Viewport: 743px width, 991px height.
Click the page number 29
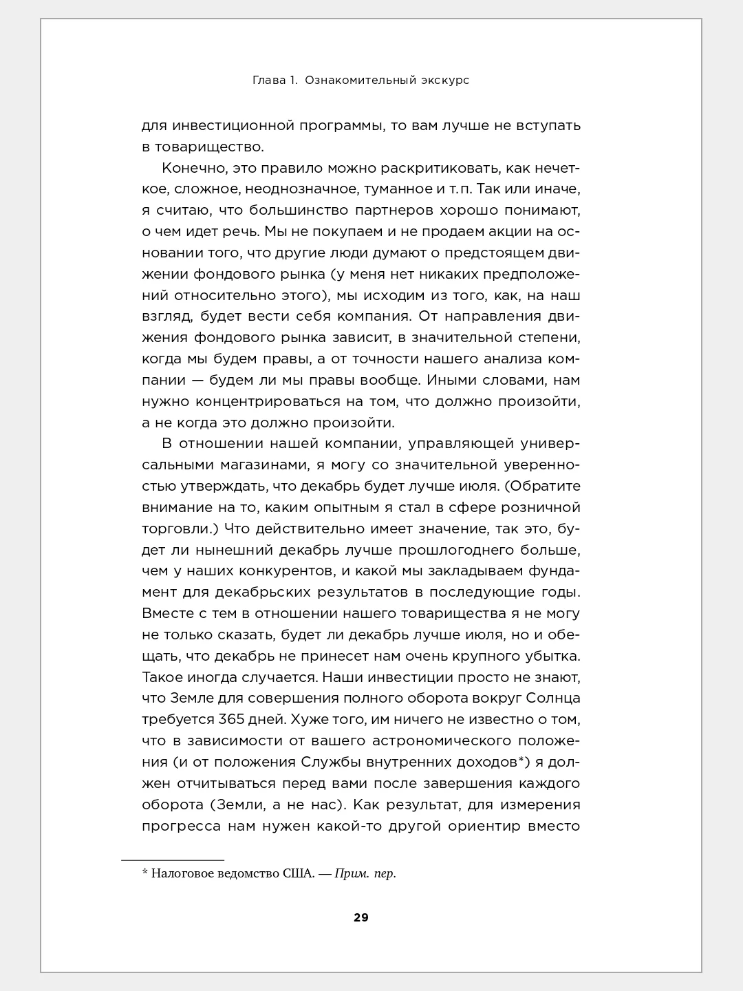[361, 917]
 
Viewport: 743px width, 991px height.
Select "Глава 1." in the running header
[274, 81]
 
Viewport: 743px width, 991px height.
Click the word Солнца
[554, 699]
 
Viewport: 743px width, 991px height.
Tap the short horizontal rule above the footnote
[173, 860]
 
